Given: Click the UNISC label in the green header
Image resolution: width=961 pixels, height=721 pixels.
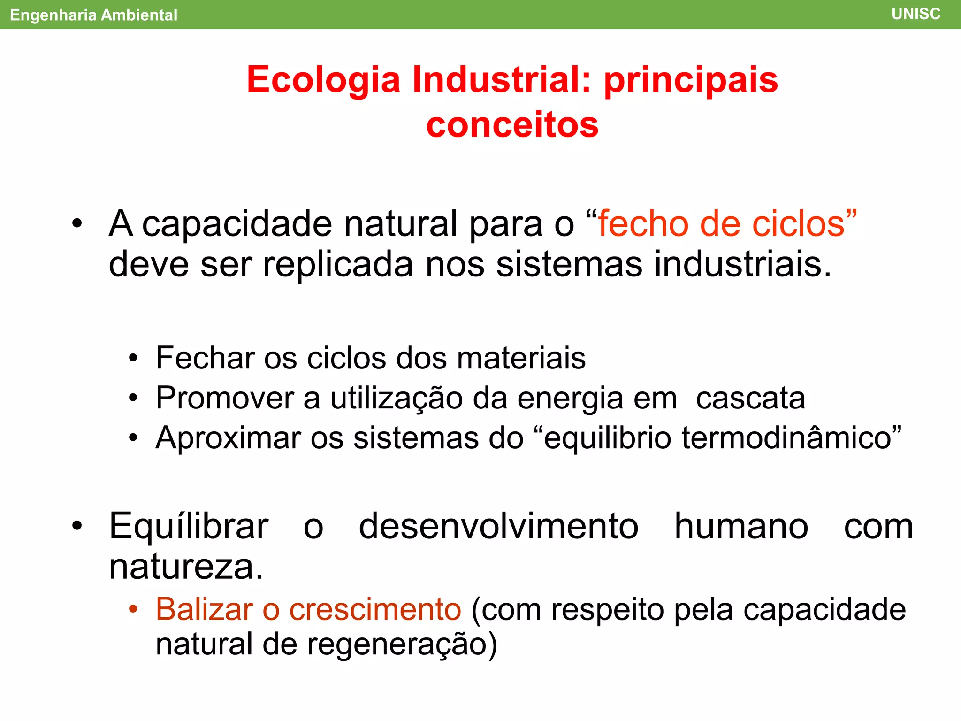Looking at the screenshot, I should point(915,14).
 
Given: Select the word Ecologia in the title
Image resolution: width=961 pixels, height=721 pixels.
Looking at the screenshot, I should point(323,80).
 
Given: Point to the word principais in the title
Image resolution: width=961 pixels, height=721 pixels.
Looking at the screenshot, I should point(691,80).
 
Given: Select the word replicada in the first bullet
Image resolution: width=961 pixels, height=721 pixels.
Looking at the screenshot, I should point(338,264).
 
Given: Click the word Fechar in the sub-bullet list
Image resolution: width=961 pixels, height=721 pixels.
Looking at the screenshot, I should point(205,358).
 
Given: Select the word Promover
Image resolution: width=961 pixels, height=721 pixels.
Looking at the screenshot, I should point(224,399).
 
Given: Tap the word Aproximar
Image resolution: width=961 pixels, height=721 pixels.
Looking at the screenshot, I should point(228,438).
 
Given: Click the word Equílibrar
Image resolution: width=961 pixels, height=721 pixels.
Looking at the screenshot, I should point(189,527).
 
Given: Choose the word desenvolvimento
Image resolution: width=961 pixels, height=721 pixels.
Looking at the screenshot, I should point(498,527).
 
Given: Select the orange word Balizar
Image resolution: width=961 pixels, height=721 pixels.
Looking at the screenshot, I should point(204,609).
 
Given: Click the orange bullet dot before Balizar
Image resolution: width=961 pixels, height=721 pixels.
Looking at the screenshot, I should point(133,609).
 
